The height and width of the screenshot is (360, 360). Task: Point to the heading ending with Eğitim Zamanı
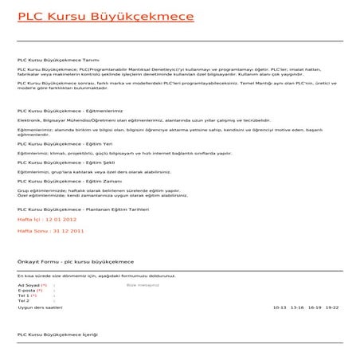[68, 181]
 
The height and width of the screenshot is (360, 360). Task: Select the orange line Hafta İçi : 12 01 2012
[47, 217]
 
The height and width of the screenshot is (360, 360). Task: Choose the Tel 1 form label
[27, 295]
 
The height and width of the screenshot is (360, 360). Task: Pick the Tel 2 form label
[23, 301]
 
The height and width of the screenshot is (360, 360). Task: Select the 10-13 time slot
[279, 307]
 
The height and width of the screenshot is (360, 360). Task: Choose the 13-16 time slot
[297, 307]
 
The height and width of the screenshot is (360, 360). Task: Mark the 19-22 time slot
[332, 307]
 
